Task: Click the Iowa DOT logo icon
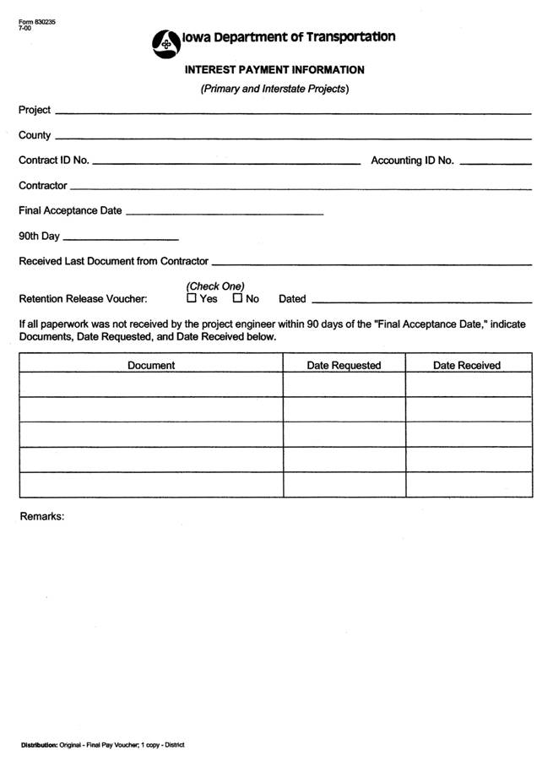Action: pos(165,43)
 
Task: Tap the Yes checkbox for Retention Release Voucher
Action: pos(192,298)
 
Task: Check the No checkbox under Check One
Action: pos(238,298)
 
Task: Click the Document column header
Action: pos(151,366)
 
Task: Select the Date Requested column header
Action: pos(344,366)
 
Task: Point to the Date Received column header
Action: pos(467,366)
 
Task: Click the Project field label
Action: pos(35,111)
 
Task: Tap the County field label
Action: pos(35,135)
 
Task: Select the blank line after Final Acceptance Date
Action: pos(224,213)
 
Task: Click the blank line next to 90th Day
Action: pos(121,237)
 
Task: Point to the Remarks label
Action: pos(41,516)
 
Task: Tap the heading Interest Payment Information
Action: pos(274,70)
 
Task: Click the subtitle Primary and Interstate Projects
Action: pos(274,89)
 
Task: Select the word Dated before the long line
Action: pos(292,299)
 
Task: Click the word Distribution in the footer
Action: pos(39,745)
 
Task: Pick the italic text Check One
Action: pos(215,286)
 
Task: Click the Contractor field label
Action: pos(42,186)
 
